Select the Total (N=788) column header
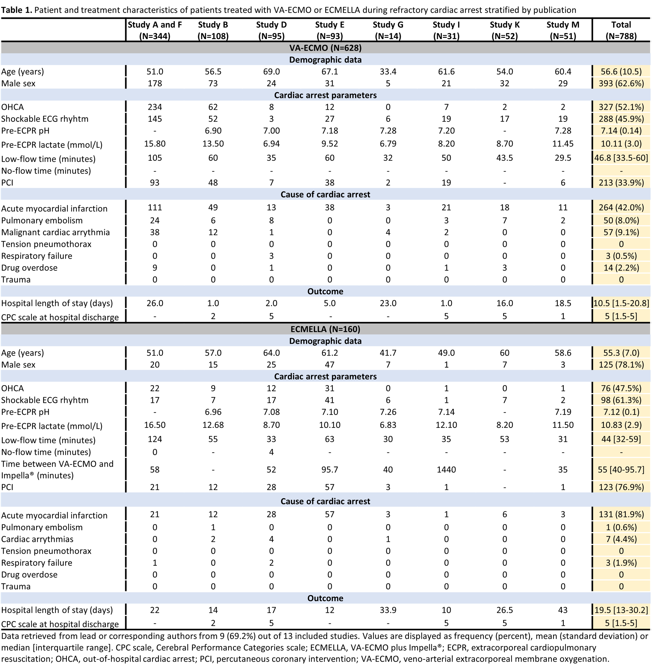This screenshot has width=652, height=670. (621, 30)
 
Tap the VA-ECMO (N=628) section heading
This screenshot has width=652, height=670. (325, 48)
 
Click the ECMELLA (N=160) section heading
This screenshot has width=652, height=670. (325, 329)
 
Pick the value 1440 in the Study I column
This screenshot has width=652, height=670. (446, 469)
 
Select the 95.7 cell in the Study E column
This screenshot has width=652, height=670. (329, 469)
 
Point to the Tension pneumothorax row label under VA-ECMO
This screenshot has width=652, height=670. (46, 244)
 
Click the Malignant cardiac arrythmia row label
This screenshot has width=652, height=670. (56, 232)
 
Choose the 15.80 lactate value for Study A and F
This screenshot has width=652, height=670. (155, 144)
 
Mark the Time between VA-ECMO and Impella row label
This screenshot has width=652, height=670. (57, 469)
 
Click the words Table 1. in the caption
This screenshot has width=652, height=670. (16, 10)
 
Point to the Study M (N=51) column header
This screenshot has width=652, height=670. (563, 30)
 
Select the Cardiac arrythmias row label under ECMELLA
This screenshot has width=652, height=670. (37, 539)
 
